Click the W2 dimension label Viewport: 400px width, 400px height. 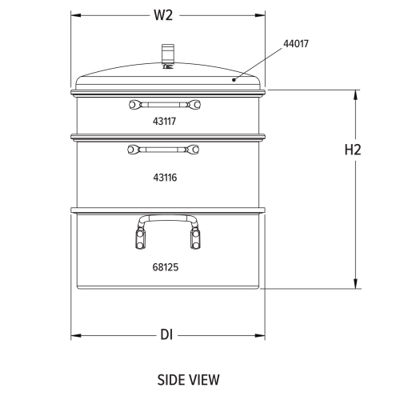[x=163, y=15]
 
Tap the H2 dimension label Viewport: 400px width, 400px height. [x=353, y=150]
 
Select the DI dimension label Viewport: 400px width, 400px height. [x=166, y=334]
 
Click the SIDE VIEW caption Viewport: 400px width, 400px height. [x=188, y=380]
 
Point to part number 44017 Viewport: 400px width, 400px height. [x=296, y=44]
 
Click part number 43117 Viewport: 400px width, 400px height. [x=164, y=122]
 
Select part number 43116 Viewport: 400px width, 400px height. [x=165, y=178]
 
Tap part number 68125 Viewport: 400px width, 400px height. [x=166, y=267]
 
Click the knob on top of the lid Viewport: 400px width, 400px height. [x=168, y=54]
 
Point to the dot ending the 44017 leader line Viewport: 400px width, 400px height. [x=234, y=79]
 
